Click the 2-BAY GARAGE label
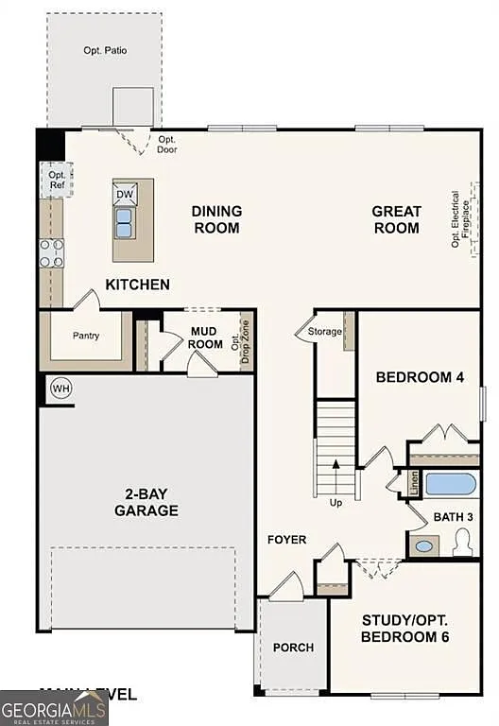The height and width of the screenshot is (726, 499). pyautogui.click(x=146, y=502)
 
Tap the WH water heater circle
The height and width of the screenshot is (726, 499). pyautogui.click(x=60, y=389)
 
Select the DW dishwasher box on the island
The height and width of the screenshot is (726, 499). pyautogui.click(x=125, y=195)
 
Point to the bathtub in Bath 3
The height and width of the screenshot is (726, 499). pyautogui.click(x=450, y=485)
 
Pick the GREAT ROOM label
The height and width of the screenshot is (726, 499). pyautogui.click(x=396, y=219)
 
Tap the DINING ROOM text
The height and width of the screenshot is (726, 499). pyautogui.click(x=216, y=219)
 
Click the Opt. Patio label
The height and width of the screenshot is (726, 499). pyautogui.click(x=105, y=50)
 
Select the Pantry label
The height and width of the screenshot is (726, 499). pyautogui.click(x=86, y=336)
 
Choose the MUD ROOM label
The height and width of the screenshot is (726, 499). pyautogui.click(x=205, y=337)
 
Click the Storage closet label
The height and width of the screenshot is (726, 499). pyautogui.click(x=325, y=331)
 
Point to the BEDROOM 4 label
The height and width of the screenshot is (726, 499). pyautogui.click(x=420, y=377)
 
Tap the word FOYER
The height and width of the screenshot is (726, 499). pyautogui.click(x=286, y=540)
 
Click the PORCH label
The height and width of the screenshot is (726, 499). pyautogui.click(x=293, y=648)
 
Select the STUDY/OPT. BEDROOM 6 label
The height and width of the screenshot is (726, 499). pyautogui.click(x=404, y=629)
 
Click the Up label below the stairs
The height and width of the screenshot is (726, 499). pyautogui.click(x=336, y=502)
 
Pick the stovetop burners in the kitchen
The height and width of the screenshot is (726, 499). pyautogui.click(x=51, y=252)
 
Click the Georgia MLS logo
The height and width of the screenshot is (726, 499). pyautogui.click(x=54, y=708)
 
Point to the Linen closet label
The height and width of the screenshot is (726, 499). pyautogui.click(x=414, y=483)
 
